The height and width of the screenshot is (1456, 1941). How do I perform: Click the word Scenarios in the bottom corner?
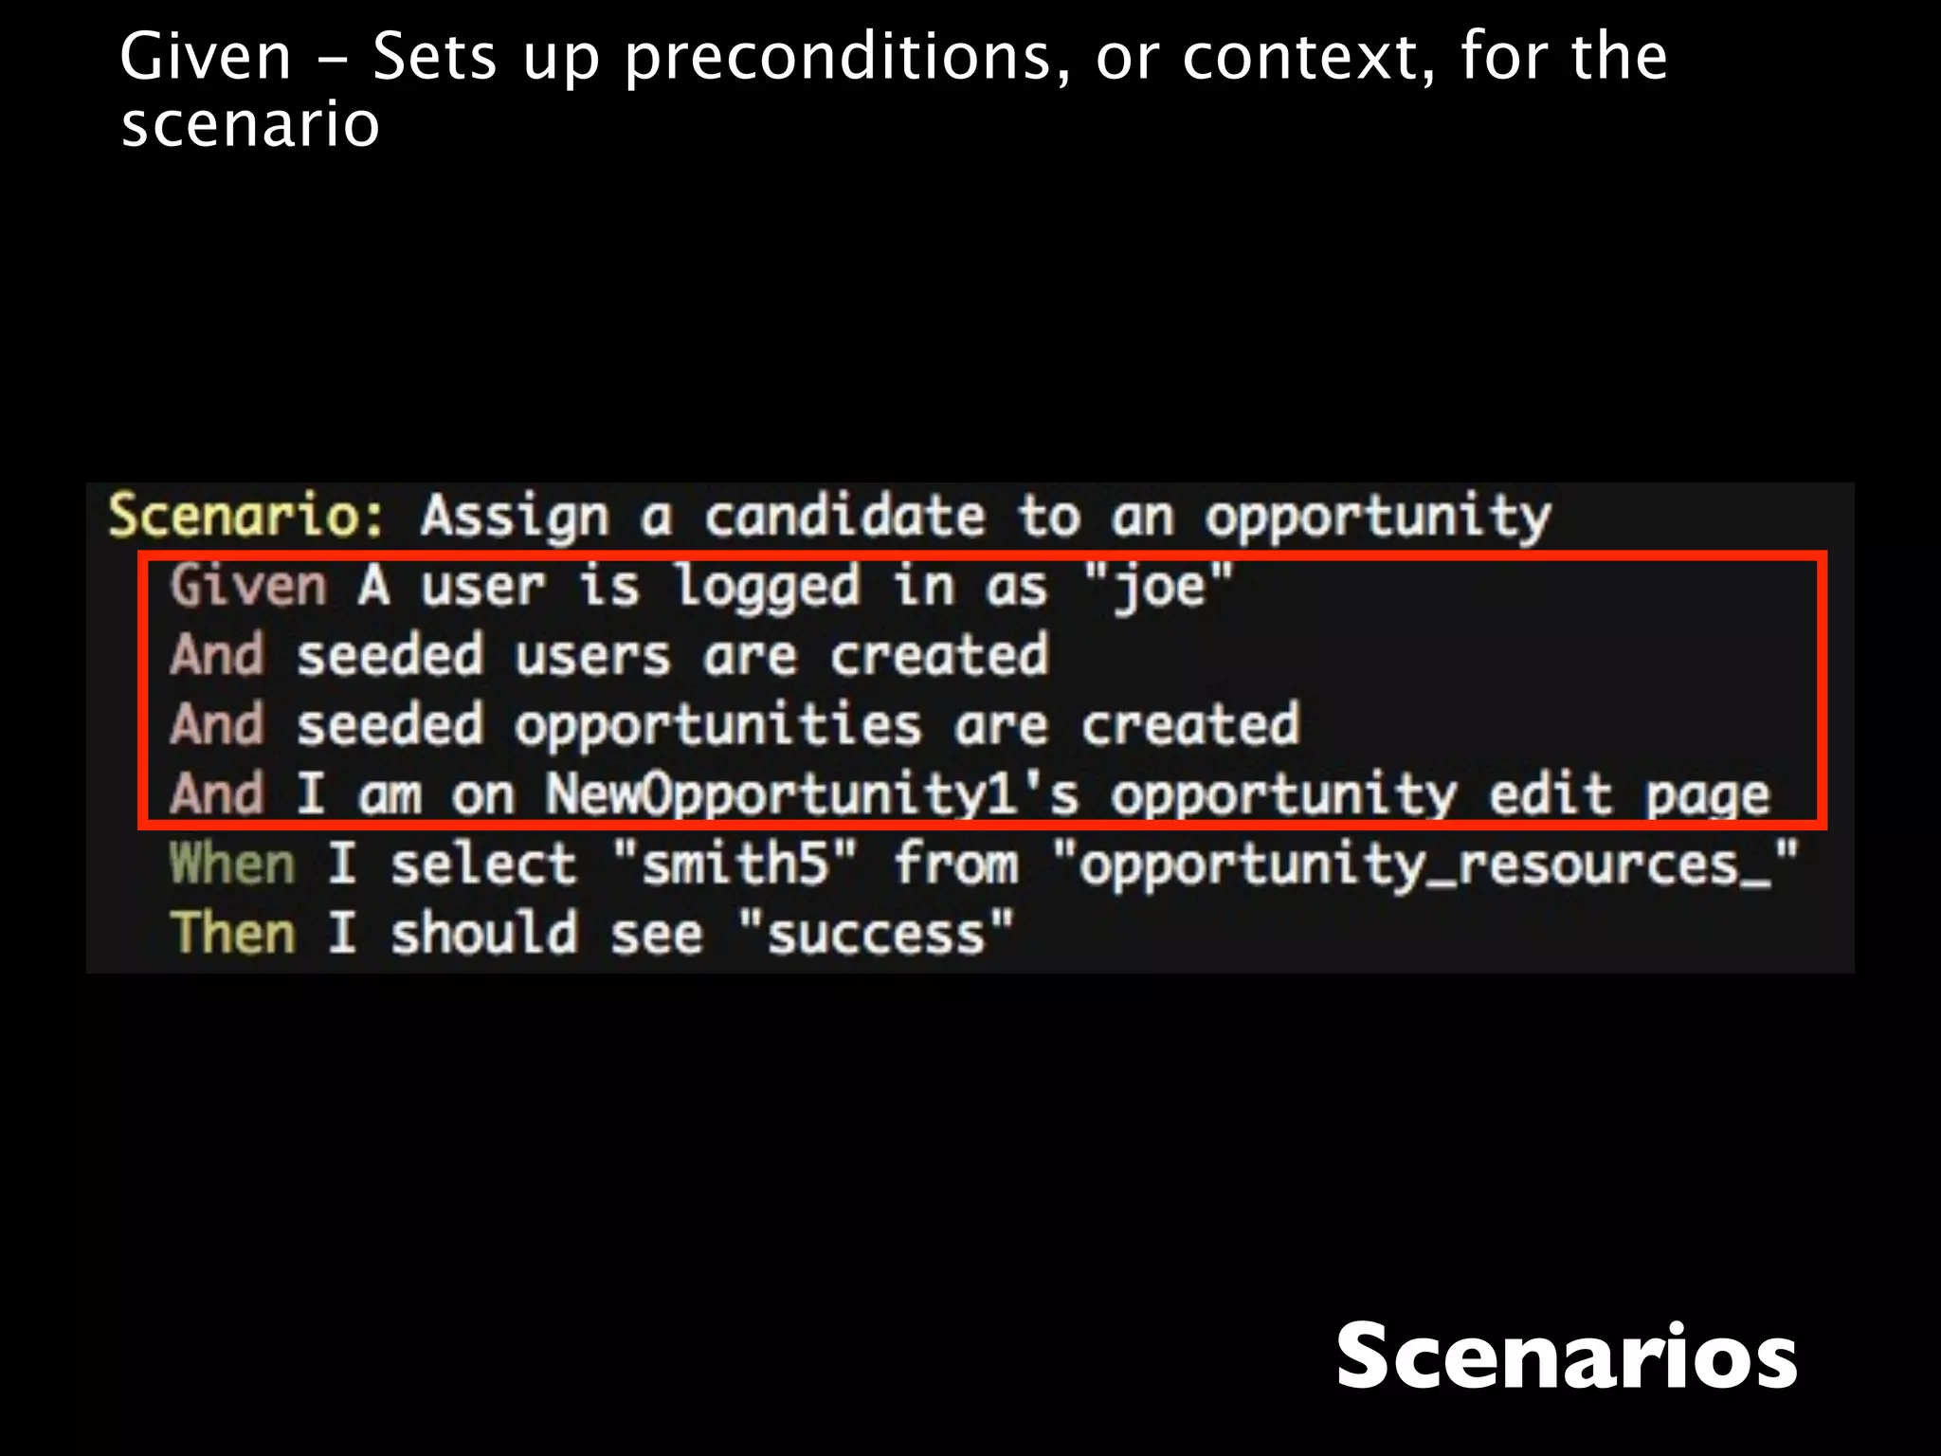(1566, 1356)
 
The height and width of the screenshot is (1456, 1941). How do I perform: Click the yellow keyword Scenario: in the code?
(246, 517)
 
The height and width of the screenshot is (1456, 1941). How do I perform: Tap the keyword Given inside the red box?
(248, 586)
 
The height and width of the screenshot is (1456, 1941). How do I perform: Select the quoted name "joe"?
(1158, 586)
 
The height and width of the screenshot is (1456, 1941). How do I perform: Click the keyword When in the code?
(232, 864)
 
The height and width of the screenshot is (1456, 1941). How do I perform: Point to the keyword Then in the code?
(232, 934)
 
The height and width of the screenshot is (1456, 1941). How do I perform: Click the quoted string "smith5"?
(735, 864)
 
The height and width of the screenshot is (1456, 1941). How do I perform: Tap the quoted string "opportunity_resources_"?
(1424, 864)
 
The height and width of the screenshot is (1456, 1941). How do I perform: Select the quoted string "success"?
(876, 934)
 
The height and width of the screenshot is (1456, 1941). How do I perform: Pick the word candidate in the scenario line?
(844, 517)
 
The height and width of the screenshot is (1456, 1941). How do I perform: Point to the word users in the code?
(592, 656)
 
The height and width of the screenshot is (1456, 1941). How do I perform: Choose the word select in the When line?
(483, 864)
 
